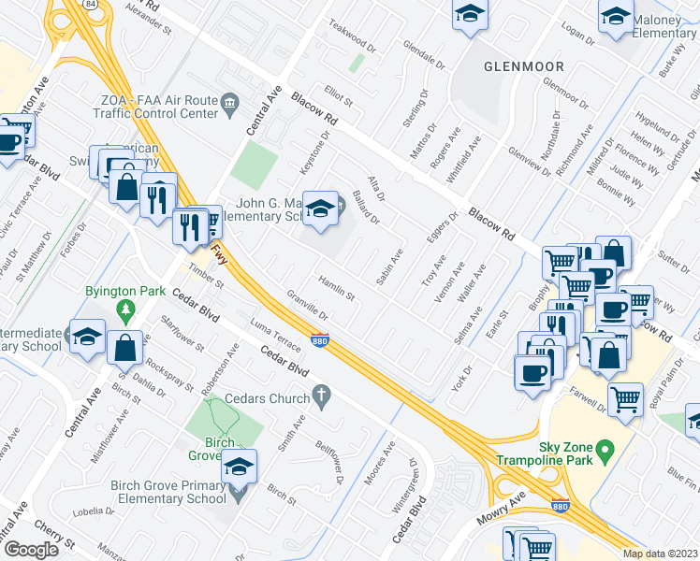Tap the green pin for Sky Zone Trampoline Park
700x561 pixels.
(605, 453)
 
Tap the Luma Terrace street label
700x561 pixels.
(276, 338)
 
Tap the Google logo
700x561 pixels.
(31, 549)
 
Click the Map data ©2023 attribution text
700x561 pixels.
(659, 554)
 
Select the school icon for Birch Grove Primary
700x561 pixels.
(239, 465)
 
